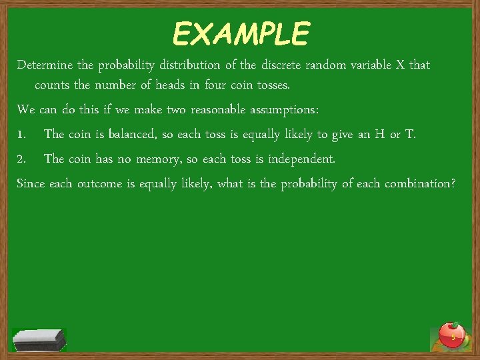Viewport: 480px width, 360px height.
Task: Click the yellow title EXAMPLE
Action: (x=241, y=33)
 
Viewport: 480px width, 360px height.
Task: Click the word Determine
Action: (x=45, y=65)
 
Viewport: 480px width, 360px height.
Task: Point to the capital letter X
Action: (x=400, y=65)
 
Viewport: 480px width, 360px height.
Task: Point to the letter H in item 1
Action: (x=379, y=135)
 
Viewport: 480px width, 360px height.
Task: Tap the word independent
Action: (x=301, y=159)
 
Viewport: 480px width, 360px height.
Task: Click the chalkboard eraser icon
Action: (x=39, y=339)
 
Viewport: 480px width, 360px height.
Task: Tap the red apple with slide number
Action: (x=453, y=335)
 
